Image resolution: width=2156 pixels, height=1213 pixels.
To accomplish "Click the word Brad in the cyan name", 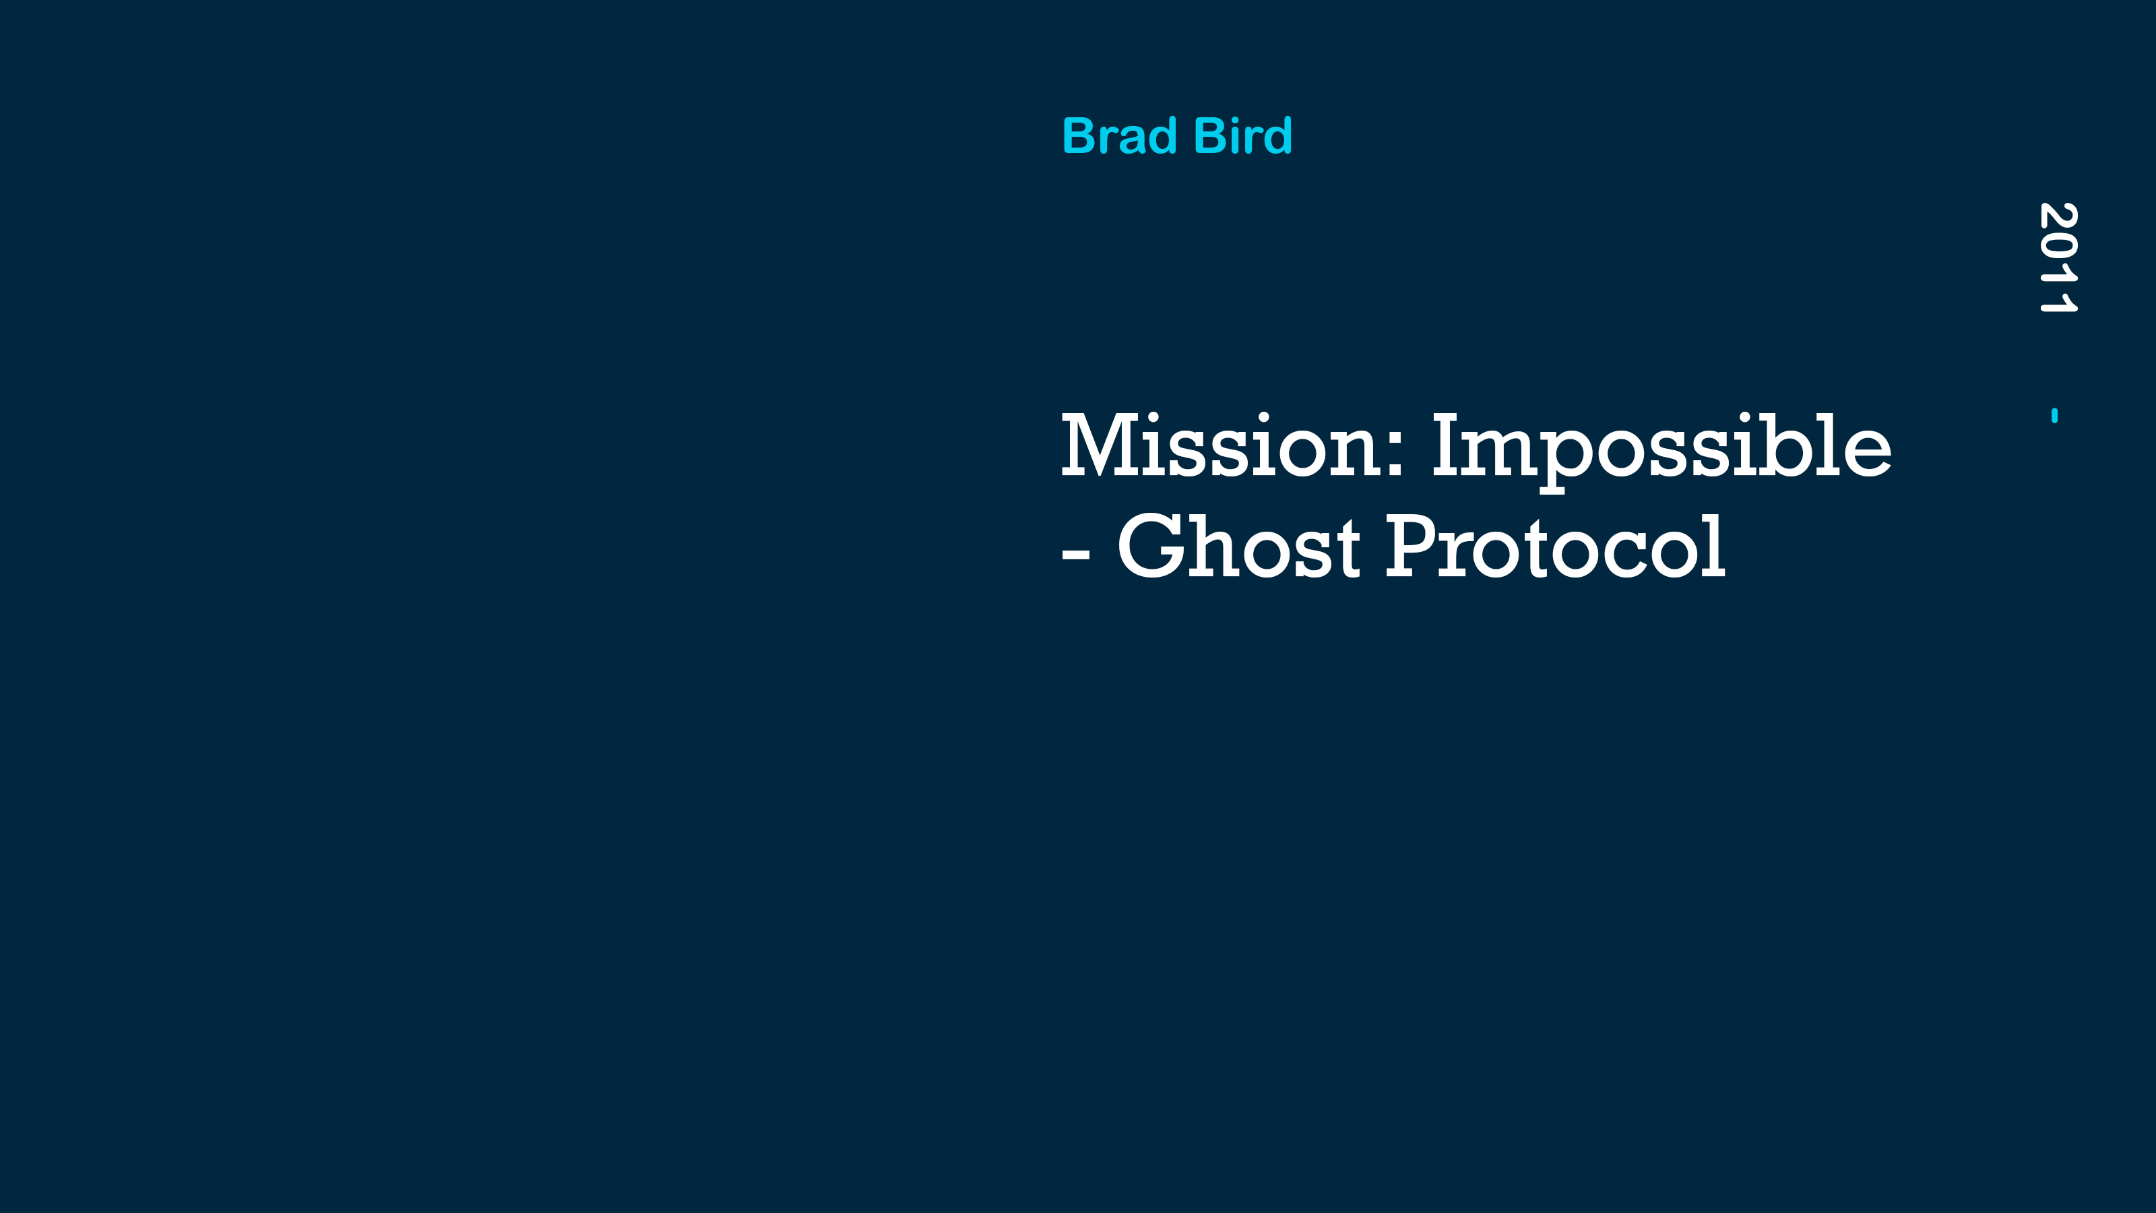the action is (x=1120, y=135).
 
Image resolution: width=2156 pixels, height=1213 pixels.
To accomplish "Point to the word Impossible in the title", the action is (x=1661, y=452).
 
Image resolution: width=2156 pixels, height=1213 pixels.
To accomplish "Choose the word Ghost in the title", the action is (x=1239, y=547).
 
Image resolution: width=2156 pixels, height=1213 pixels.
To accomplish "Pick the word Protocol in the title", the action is (x=1556, y=547).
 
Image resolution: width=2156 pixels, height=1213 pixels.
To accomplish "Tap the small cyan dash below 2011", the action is (x=2055, y=415).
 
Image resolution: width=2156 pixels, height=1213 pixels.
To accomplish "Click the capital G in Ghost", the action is (x=1151, y=547).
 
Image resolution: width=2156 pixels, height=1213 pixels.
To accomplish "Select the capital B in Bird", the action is (x=1213, y=136).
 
